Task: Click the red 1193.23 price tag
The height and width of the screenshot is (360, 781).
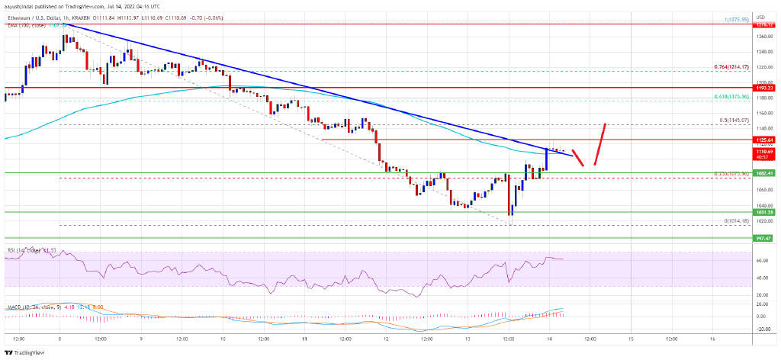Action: click(x=764, y=88)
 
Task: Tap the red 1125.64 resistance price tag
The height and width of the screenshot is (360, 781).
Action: click(x=764, y=140)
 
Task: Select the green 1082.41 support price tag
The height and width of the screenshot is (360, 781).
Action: click(x=764, y=173)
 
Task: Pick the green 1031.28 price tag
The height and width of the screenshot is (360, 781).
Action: click(x=764, y=213)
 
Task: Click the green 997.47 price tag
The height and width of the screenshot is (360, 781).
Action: click(x=764, y=238)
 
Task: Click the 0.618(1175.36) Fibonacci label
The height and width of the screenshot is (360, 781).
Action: click(x=738, y=98)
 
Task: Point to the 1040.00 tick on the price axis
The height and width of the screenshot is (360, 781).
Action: click(x=764, y=206)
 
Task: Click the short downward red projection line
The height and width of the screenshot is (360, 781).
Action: click(x=577, y=153)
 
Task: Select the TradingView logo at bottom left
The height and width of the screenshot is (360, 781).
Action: click(x=26, y=352)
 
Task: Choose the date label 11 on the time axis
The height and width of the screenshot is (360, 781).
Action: click(x=304, y=337)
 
